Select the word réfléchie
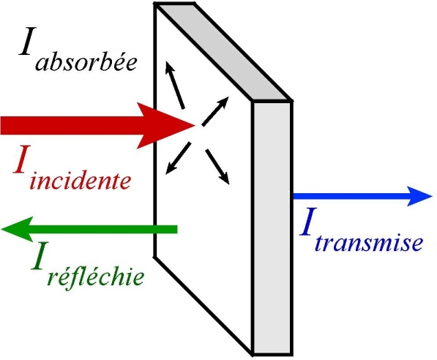(96, 277)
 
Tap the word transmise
(369, 243)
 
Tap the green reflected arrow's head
(18, 229)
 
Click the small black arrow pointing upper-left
(175, 85)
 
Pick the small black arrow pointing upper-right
(215, 111)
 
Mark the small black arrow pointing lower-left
(179, 158)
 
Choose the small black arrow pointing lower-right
(217, 167)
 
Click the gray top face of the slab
(223, 51)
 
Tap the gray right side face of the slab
(272, 228)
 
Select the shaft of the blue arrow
(351, 196)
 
